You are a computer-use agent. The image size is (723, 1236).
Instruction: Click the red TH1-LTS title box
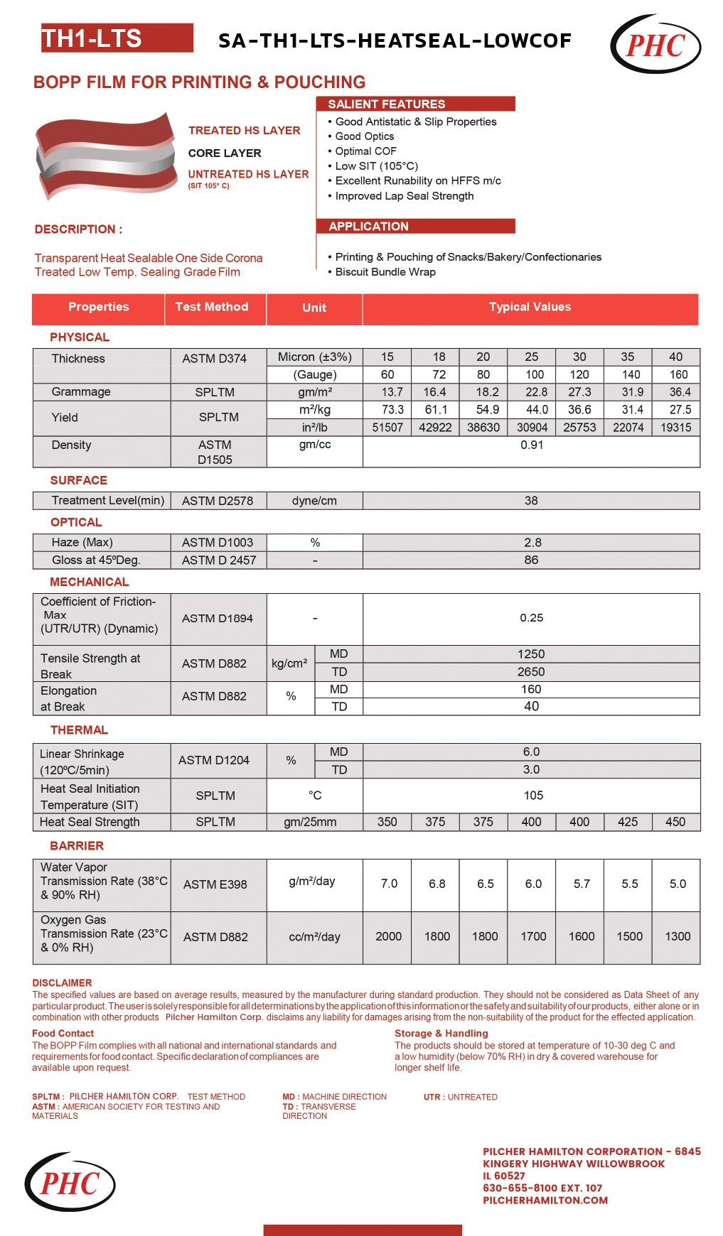[117, 38]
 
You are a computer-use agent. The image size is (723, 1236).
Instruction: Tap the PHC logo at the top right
[655, 45]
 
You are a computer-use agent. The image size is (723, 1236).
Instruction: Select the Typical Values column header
[530, 307]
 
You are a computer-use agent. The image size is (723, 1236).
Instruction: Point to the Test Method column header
[212, 307]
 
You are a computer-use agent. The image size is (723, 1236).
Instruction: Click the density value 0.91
[531, 445]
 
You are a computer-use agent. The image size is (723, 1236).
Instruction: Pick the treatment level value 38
[531, 501]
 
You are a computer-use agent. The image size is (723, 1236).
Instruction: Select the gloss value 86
[531, 560]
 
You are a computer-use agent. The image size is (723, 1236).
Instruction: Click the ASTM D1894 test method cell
[217, 619]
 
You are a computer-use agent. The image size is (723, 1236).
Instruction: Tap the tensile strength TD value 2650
[531, 672]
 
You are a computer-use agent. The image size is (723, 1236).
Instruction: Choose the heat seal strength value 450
[675, 822]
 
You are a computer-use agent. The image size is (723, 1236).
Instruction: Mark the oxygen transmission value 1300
[678, 937]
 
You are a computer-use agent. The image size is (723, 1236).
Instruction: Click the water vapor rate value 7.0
[389, 884]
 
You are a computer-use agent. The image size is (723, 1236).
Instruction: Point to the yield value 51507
[387, 428]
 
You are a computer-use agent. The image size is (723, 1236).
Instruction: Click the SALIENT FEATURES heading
[387, 104]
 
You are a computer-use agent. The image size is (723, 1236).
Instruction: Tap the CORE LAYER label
[225, 153]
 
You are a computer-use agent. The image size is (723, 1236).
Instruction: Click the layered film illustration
[106, 156]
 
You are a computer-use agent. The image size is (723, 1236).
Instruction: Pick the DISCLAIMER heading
[62, 983]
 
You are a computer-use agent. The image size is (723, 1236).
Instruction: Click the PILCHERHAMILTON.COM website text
[545, 1200]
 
